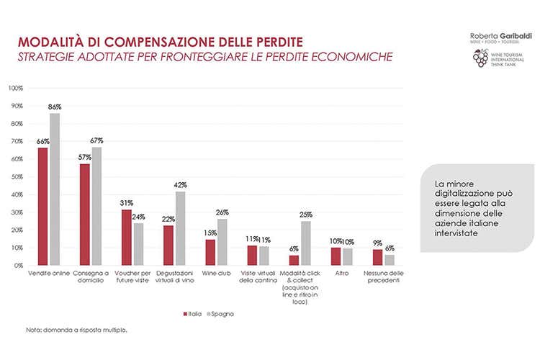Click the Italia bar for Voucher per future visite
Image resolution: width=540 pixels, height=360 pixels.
(127, 237)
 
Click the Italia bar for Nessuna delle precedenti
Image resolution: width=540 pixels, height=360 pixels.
(377, 257)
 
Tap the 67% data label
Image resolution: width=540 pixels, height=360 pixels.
(97, 140)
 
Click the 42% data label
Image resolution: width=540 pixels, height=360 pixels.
(180, 185)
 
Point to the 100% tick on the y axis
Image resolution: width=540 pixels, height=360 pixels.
(15, 88)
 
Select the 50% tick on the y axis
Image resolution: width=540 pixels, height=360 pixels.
(16, 176)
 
